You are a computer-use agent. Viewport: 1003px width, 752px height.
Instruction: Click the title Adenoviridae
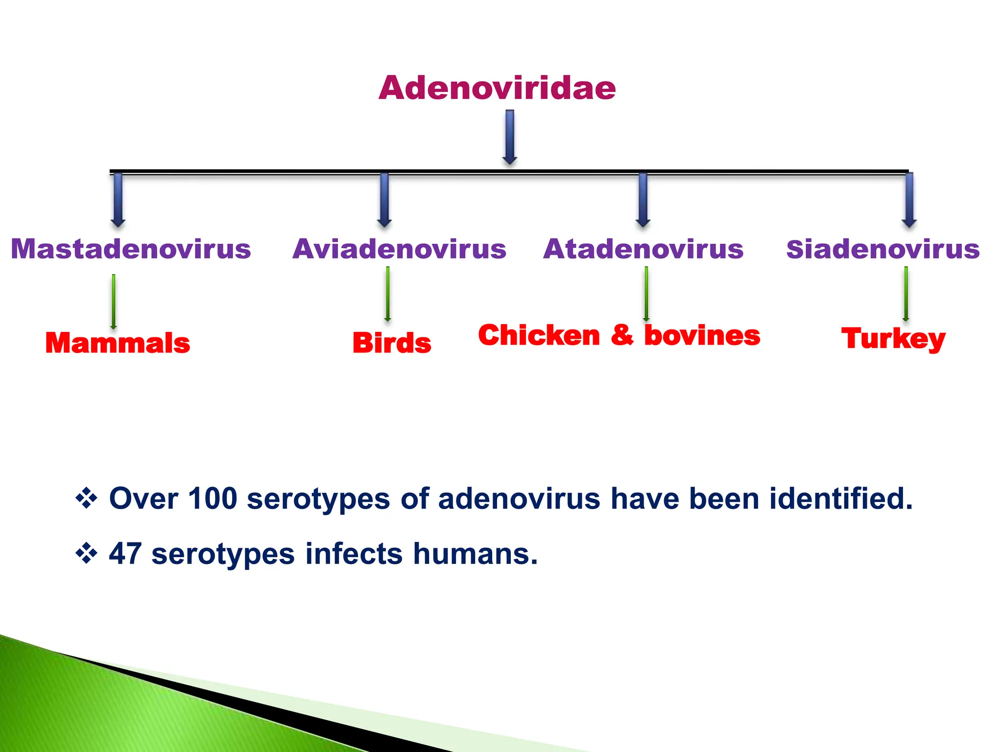497,88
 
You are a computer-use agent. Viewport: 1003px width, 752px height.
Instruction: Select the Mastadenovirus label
131,249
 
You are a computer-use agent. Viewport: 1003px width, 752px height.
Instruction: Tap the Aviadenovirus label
399,249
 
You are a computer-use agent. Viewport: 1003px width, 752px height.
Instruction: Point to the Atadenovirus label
643,249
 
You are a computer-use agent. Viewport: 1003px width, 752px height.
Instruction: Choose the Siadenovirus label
883,249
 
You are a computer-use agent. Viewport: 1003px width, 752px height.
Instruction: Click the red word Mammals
118,343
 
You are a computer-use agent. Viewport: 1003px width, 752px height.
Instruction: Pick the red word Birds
392,343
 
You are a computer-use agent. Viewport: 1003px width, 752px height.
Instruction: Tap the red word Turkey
893,339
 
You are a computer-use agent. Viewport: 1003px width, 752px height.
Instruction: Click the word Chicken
539,336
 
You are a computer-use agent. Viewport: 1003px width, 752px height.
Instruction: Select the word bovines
702,336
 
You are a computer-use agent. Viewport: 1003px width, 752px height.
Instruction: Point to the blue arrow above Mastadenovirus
118,200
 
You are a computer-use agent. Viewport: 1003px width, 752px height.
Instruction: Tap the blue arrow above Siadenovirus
909,200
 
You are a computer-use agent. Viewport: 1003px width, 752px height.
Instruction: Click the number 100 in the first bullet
212,499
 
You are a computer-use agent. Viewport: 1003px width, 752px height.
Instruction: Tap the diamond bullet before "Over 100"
86,499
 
